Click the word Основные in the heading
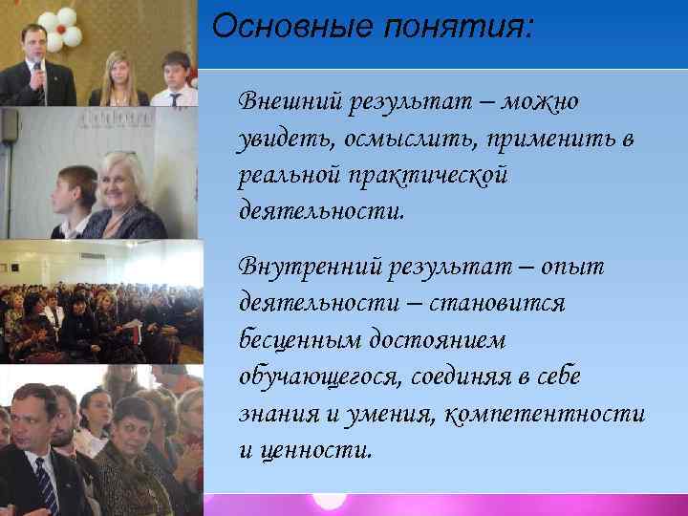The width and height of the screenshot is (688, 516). coord(271,26)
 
